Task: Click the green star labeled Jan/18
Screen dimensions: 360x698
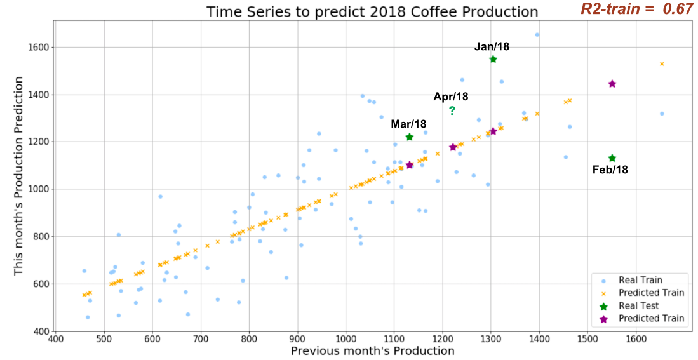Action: pos(493,59)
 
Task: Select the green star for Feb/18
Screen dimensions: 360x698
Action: pos(612,158)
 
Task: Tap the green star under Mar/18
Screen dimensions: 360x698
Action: pos(410,137)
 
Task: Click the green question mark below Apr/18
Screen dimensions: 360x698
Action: pos(452,111)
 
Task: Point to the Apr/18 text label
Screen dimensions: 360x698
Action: pos(451,97)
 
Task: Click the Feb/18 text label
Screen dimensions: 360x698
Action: pos(610,170)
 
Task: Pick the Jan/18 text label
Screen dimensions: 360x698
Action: pos(492,46)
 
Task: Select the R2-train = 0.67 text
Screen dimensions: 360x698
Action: pos(637,10)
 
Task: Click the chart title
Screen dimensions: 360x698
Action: pos(372,12)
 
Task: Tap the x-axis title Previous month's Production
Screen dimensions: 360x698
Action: pos(373,350)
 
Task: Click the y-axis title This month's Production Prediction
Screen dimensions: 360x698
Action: pos(18,176)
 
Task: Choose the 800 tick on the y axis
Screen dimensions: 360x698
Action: pos(41,236)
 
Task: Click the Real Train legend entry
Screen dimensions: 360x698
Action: pos(638,280)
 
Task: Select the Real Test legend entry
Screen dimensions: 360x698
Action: pos(638,305)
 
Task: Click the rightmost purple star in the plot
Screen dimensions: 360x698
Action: pos(612,84)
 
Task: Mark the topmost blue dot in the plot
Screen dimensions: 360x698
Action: pos(537,35)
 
